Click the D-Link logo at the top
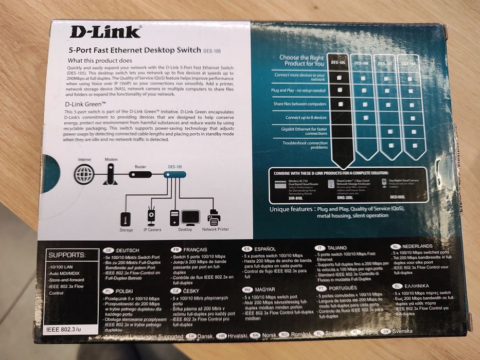click(105, 32)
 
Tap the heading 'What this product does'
click(103, 61)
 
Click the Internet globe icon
click(84, 174)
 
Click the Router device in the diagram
click(140, 175)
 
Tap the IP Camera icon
click(151, 217)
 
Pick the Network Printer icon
click(216, 217)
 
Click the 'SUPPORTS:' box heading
click(66, 255)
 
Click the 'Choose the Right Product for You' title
click(301, 61)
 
